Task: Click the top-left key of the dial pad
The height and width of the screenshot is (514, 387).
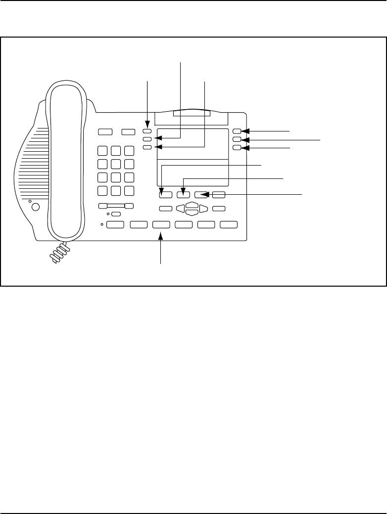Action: [103, 152]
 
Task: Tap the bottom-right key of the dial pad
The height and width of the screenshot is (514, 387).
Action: [130, 191]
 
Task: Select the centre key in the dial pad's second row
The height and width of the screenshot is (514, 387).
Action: [116, 165]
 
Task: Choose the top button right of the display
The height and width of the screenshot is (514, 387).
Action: [237, 131]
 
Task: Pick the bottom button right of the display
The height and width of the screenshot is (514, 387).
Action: [237, 148]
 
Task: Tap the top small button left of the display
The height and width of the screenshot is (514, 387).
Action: [147, 131]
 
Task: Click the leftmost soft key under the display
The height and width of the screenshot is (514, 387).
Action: [165, 195]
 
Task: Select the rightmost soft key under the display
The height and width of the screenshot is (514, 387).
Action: [219, 195]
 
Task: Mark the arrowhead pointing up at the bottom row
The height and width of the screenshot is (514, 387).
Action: [161, 238]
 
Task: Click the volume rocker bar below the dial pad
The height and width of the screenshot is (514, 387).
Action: [116, 206]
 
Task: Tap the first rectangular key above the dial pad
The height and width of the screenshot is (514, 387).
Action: [105, 132]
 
